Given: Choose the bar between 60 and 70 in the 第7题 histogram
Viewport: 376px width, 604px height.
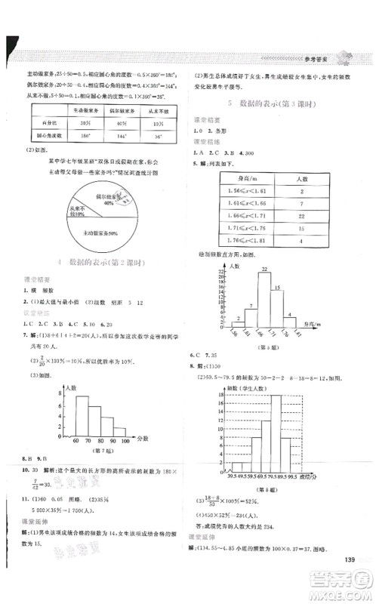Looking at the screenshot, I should [x=69, y=418].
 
